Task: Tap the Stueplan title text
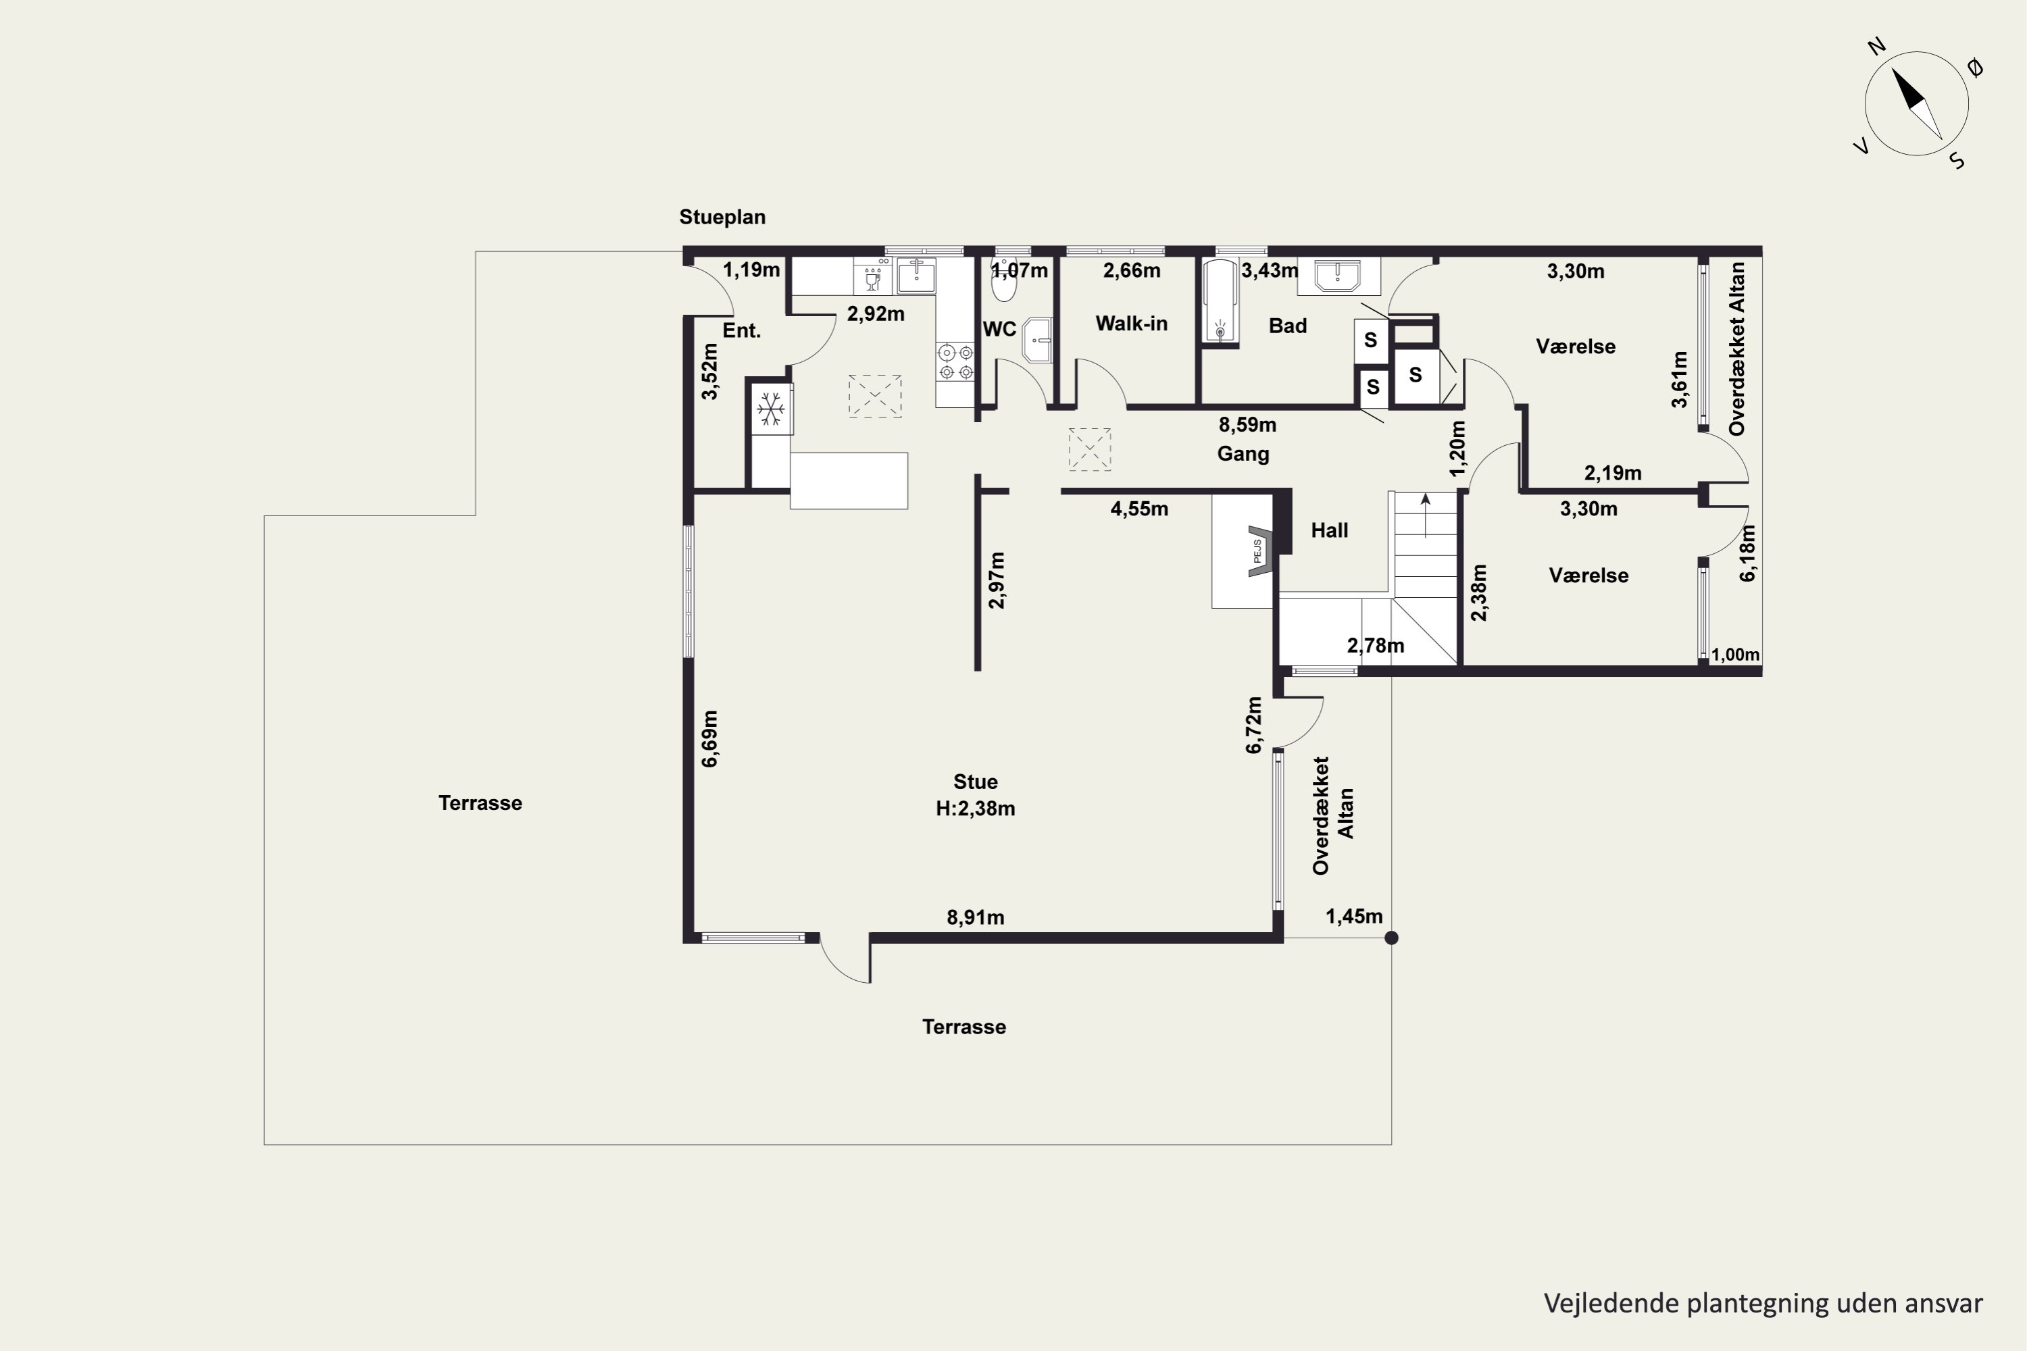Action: (722, 217)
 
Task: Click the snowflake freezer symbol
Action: (770, 409)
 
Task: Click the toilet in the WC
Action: (1004, 278)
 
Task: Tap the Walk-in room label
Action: (1132, 324)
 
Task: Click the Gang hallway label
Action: (1243, 453)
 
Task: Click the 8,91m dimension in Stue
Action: (976, 917)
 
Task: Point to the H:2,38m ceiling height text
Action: (976, 809)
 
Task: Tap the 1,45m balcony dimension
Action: (1354, 917)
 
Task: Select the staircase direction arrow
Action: (1426, 515)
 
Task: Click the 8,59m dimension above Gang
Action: (1247, 425)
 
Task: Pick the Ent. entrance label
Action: (741, 331)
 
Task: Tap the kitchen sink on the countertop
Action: (916, 276)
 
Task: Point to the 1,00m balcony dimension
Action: (1736, 655)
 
